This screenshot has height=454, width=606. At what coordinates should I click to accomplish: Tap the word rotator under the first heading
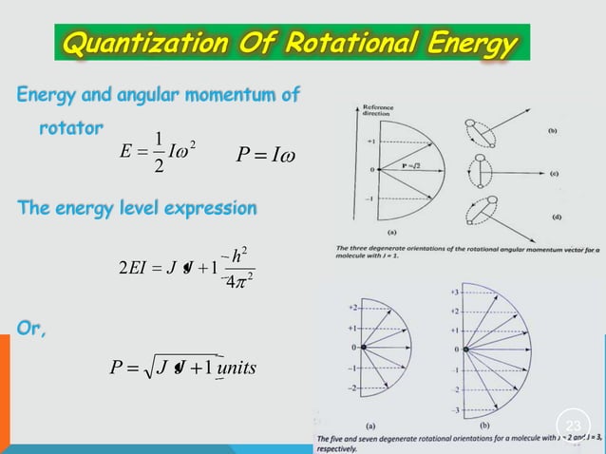pyautogui.click(x=72, y=125)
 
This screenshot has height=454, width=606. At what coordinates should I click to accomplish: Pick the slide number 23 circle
pyautogui.click(x=572, y=425)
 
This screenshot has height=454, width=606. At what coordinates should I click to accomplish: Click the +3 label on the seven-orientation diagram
pyautogui.click(x=455, y=291)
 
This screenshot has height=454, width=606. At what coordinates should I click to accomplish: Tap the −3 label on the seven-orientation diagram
pyautogui.click(x=455, y=409)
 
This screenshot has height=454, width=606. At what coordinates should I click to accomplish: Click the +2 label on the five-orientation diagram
pyautogui.click(x=352, y=308)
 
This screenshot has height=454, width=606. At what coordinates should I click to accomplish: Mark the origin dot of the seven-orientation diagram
pyautogui.click(x=469, y=350)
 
